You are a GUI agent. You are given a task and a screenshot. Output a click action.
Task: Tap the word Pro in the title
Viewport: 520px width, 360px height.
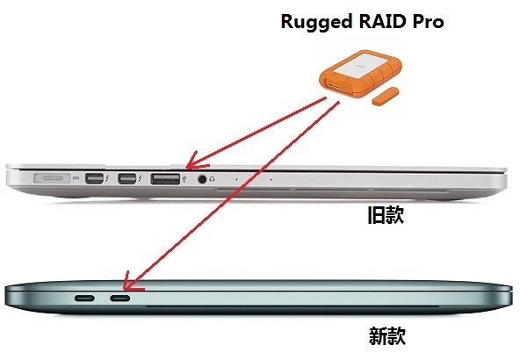[428, 22]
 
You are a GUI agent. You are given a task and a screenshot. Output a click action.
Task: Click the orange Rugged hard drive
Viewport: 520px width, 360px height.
[360, 74]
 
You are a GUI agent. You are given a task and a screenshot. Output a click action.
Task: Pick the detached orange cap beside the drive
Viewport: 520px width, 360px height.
[385, 96]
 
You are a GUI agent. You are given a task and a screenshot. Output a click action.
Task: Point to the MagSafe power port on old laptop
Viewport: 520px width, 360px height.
[52, 178]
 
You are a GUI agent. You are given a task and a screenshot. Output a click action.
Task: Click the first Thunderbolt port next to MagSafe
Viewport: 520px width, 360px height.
[94, 178]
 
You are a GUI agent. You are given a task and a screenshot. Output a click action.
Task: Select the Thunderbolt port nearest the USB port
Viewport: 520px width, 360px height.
[126, 178]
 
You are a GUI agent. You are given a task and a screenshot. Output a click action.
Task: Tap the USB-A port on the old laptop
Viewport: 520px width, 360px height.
[165, 179]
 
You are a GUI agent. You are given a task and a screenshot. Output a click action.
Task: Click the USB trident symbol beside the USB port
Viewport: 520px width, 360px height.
[184, 179]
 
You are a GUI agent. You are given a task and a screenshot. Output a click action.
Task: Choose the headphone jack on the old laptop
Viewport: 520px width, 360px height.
[202, 179]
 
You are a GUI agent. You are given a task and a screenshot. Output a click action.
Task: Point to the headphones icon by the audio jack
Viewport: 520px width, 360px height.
[212, 179]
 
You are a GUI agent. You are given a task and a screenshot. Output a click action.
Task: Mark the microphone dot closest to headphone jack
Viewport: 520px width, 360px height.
[236, 179]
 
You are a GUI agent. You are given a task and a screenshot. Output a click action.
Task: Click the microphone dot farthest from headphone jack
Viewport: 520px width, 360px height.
[271, 179]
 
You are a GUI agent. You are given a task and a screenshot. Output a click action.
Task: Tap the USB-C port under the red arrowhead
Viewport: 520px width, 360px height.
[120, 299]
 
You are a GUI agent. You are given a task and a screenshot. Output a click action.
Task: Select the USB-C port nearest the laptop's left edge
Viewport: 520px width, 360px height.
[84, 299]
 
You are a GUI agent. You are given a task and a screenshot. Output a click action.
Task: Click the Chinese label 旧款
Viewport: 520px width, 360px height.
[386, 215]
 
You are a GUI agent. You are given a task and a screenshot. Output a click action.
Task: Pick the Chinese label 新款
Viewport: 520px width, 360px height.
[387, 336]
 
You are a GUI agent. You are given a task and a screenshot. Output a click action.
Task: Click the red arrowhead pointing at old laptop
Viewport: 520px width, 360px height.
[196, 161]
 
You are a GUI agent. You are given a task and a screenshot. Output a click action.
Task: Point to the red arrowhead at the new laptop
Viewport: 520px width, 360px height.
[130, 283]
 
